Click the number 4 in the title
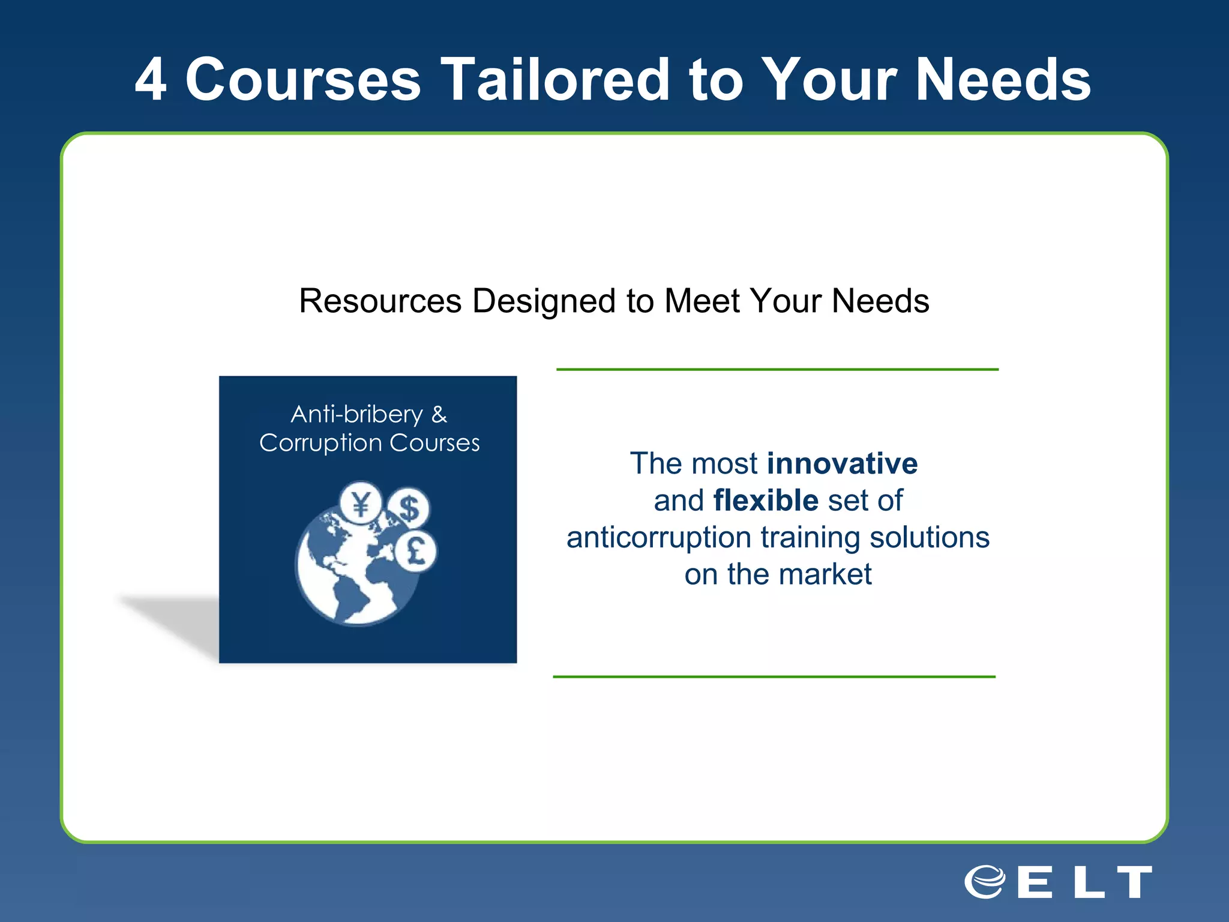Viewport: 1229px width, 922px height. pos(151,80)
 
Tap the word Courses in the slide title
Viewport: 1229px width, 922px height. pos(303,80)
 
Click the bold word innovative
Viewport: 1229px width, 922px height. pos(842,463)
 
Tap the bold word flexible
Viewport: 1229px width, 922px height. pos(766,500)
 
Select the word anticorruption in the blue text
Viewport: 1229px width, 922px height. pos(658,537)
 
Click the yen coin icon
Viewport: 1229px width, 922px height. pos(360,503)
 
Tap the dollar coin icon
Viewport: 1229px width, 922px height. pos(409,508)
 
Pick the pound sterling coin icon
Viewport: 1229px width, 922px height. pos(416,551)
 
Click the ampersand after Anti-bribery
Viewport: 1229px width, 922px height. pos(439,414)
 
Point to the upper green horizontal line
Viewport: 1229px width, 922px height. pos(777,369)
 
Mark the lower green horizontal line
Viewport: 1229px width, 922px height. pos(774,676)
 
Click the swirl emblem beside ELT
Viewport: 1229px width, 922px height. pos(985,882)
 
